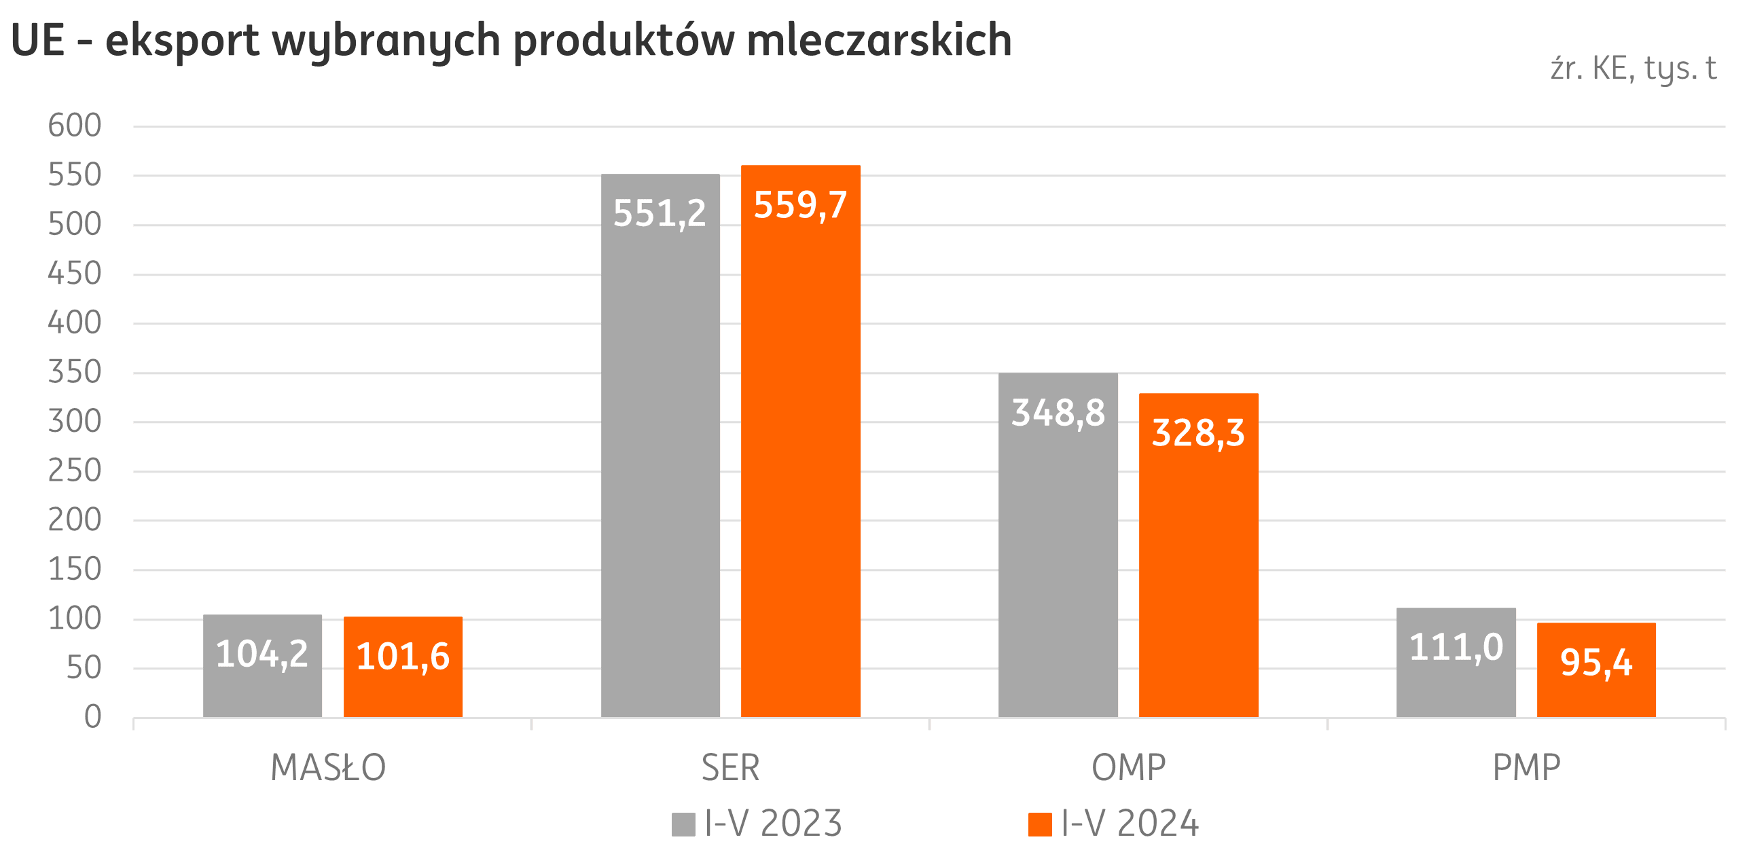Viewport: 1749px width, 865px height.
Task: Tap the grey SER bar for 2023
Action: tap(660, 475)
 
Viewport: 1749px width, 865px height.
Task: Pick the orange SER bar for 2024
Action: tap(801, 475)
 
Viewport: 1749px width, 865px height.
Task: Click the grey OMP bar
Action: tap(1058, 577)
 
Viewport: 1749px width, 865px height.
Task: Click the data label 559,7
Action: tap(801, 204)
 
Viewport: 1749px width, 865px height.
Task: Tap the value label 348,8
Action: tap(1058, 413)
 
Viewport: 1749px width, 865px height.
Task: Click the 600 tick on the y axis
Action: tap(75, 126)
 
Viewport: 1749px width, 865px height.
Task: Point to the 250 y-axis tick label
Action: tap(75, 471)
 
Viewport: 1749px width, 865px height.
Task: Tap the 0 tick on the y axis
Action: tap(93, 717)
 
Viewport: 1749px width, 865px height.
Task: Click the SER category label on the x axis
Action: tap(730, 768)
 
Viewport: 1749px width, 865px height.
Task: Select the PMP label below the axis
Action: tap(1526, 768)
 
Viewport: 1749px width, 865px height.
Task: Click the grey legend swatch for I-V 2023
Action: tap(683, 824)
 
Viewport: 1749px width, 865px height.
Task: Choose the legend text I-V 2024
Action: tap(1130, 824)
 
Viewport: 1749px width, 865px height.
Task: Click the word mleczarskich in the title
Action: tap(879, 41)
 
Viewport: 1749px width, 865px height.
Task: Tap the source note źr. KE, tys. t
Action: tap(1634, 68)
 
